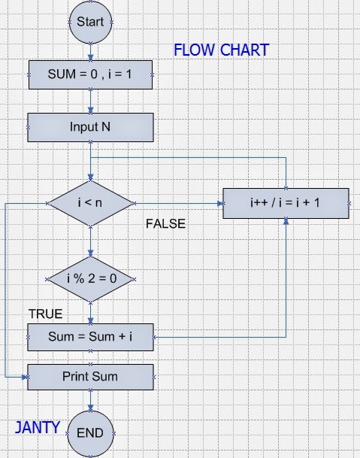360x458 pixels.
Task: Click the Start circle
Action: pos(90,23)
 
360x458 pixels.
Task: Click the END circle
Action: pos(90,432)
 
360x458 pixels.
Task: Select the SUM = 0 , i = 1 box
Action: pos(90,75)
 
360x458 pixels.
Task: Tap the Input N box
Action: pos(90,126)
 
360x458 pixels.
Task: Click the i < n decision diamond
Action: pos(90,203)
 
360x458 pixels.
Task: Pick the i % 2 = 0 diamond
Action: pos(90,279)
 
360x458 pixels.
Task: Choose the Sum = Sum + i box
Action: pos(90,336)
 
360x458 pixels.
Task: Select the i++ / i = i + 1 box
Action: pos(286,203)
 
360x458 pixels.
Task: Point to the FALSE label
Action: pos(165,224)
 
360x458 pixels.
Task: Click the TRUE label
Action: pos(45,314)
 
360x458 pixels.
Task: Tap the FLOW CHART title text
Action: pos(221,51)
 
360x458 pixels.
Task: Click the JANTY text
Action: pos(38,428)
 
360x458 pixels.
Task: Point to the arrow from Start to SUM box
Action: pos(90,52)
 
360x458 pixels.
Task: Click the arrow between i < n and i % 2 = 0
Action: pos(90,242)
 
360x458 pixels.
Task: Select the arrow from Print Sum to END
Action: pos(90,400)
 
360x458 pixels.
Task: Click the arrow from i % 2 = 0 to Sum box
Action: pos(90,311)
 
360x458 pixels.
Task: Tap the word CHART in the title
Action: pos(244,51)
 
